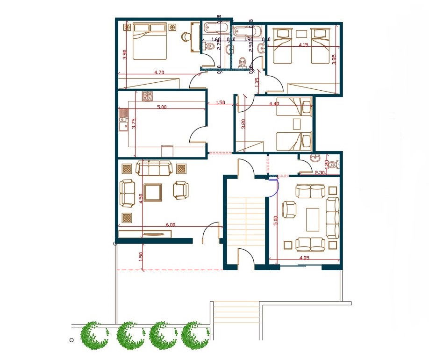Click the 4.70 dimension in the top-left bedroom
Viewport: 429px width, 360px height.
[159, 72]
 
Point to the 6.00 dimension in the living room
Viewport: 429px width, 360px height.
[171, 224]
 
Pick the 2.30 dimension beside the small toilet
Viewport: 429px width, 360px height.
[320, 173]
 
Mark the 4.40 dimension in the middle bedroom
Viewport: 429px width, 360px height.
[274, 104]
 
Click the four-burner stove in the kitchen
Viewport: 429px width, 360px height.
[148, 96]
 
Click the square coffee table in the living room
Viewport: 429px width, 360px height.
[153, 192]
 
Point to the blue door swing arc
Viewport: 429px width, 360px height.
[276, 187]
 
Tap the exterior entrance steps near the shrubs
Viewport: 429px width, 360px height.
[236, 314]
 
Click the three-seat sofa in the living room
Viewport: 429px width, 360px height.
[154, 168]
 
